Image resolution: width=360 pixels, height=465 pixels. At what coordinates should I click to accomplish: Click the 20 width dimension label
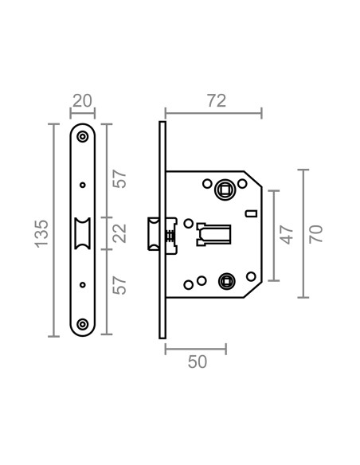pyautogui.click(x=82, y=100)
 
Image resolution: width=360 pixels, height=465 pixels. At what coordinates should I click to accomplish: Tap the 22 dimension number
pyautogui.click(x=119, y=235)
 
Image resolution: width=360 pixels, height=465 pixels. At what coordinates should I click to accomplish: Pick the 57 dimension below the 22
pyautogui.click(x=119, y=284)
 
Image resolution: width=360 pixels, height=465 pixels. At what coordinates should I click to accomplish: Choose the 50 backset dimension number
pyautogui.click(x=197, y=361)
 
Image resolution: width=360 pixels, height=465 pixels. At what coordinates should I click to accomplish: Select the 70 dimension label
pyautogui.click(x=315, y=233)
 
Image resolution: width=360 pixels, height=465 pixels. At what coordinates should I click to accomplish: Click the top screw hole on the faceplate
pyautogui.click(x=83, y=137)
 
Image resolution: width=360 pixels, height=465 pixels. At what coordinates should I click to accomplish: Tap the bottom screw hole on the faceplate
pyautogui.click(x=83, y=324)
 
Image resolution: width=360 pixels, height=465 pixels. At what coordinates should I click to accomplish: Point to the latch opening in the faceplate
pyautogui.click(x=83, y=232)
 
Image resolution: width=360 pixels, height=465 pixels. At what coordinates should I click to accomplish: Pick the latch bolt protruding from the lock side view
pyautogui.click(x=151, y=233)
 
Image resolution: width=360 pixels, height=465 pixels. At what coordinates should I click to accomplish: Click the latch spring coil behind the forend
pyautogui.click(x=170, y=235)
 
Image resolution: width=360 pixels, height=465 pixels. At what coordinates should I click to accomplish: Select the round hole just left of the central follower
pyautogui.click(x=187, y=224)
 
